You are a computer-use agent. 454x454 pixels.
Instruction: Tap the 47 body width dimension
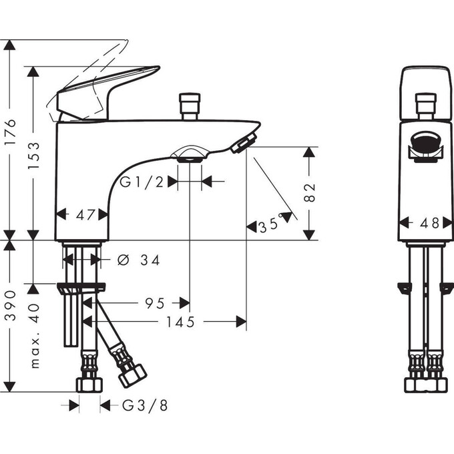pos(81,214)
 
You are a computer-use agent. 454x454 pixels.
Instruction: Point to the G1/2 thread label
pos(142,181)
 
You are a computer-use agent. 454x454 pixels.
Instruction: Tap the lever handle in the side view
pos(107,90)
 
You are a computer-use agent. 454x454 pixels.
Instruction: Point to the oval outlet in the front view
pos(425,142)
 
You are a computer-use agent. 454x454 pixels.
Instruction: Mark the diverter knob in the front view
pos(425,105)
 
